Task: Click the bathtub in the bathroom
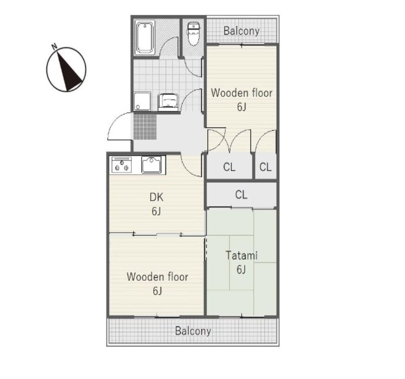pyautogui.click(x=145, y=38)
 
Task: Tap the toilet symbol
pyautogui.click(x=193, y=34)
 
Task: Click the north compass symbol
pyautogui.click(x=66, y=69)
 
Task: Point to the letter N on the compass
pyautogui.click(x=54, y=46)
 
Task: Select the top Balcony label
pyautogui.click(x=241, y=31)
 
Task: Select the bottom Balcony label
pyautogui.click(x=193, y=331)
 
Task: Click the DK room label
pyautogui.click(x=156, y=197)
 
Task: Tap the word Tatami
pyautogui.click(x=241, y=255)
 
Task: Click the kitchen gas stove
pyautogui.click(x=121, y=165)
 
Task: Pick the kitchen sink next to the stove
pyautogui.click(x=151, y=165)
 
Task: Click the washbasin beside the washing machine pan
pyautogui.click(x=168, y=102)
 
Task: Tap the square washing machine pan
pyautogui.click(x=142, y=101)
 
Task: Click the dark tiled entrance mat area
pyautogui.click(x=145, y=127)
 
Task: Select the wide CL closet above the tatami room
pyautogui.click(x=241, y=194)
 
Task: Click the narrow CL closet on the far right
pyautogui.click(x=265, y=167)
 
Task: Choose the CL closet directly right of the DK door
pyautogui.click(x=229, y=167)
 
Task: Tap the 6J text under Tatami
pyautogui.click(x=241, y=270)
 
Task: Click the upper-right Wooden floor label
pyautogui.click(x=241, y=93)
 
